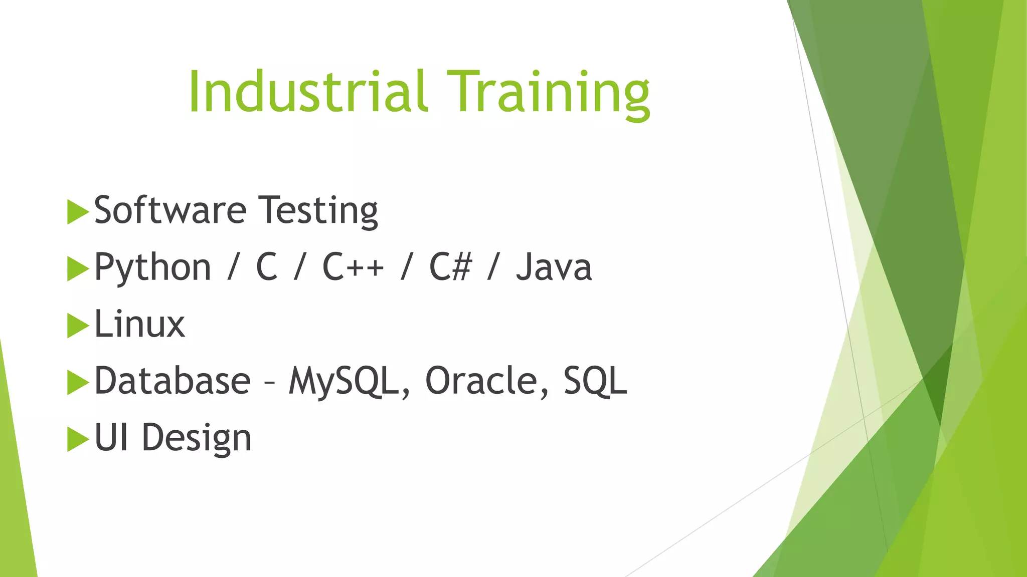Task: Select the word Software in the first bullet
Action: pos(170,210)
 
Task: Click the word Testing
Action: pos(318,210)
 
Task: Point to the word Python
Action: pos(152,267)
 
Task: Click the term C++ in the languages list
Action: pos(353,266)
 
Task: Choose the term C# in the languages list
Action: pos(450,266)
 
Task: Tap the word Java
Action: pos(554,267)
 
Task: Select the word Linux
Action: pos(140,324)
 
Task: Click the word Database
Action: pos(173,381)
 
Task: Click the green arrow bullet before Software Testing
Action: pos(77,211)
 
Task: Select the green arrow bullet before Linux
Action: pos(77,326)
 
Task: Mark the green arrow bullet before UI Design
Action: pos(77,439)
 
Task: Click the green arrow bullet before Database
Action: pos(77,382)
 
